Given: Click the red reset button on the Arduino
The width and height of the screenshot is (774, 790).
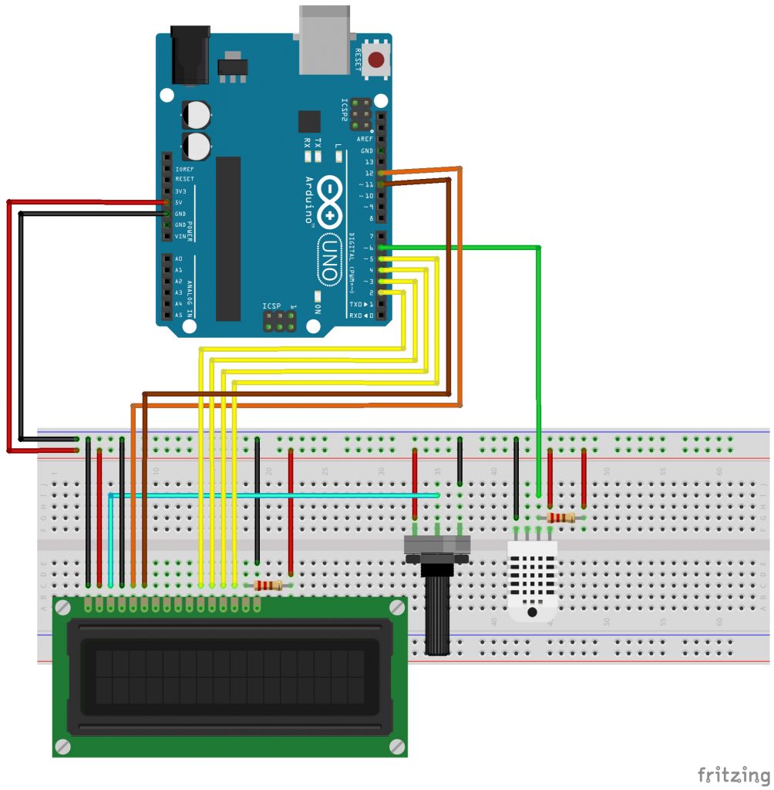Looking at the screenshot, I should click(x=377, y=60).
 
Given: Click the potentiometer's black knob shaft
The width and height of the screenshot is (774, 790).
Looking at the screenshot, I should click(x=437, y=613).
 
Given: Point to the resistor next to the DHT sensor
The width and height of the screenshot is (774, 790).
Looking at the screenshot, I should click(x=560, y=518).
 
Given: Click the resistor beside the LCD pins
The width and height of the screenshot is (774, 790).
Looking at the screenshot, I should click(x=268, y=586).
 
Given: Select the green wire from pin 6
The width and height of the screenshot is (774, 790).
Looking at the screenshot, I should click(x=537, y=347).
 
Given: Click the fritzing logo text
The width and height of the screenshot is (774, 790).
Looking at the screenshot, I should click(x=732, y=773).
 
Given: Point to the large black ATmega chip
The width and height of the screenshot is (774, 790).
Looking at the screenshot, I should click(x=228, y=238).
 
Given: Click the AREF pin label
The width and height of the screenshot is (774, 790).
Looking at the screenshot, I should click(x=365, y=139).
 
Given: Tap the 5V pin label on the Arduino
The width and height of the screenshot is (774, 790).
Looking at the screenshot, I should click(x=180, y=202).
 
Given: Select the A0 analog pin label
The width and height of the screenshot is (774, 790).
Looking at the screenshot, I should click(x=179, y=258).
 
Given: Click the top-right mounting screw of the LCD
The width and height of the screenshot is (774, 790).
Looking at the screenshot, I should click(x=397, y=607).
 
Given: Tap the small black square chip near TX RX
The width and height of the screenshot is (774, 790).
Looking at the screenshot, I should click(x=309, y=122).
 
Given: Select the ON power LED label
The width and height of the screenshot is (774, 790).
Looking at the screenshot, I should click(x=317, y=307).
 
